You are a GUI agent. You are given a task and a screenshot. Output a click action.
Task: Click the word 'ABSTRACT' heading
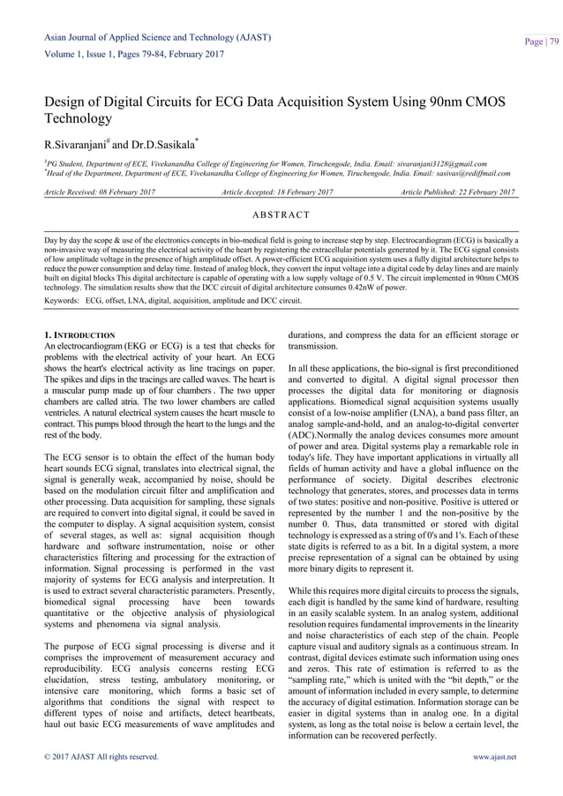[x=281, y=214]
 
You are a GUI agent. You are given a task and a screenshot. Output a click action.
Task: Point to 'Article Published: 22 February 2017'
[x=458, y=192]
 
